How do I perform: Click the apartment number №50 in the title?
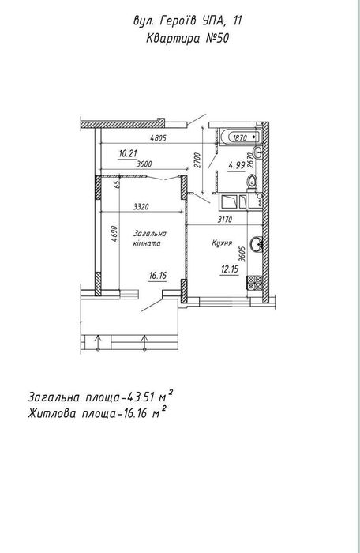[217, 38]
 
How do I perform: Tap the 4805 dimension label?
[158, 138]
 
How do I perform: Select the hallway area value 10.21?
[128, 153]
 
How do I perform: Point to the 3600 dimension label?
[144, 164]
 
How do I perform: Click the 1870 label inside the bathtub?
[239, 137]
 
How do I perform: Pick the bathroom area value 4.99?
[236, 164]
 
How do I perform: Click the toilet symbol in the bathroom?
[252, 182]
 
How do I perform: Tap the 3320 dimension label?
[141, 207]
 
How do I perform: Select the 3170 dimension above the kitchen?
[224, 220]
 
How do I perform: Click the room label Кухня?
[222, 243]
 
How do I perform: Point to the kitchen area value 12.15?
[230, 269]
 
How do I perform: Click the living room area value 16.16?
[158, 276]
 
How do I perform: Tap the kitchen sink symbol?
[257, 243]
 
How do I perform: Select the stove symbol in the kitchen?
[254, 283]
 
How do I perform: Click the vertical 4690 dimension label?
[114, 234]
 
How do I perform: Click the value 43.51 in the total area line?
[140, 397]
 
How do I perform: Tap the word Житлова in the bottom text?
[52, 413]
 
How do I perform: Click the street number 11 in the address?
[238, 21]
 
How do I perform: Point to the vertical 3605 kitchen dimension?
[242, 254]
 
